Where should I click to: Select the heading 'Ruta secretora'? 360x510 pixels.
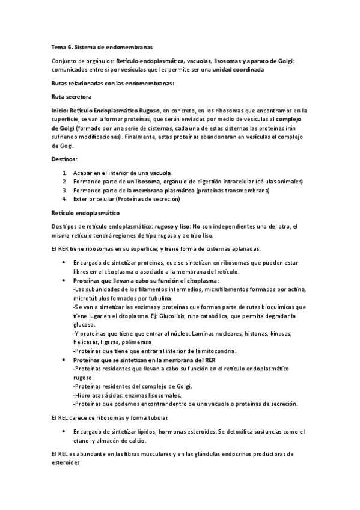72,96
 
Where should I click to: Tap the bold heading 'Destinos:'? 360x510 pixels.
64,159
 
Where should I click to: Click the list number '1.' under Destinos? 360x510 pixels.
64,173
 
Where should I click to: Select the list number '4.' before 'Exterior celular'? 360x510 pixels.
64,199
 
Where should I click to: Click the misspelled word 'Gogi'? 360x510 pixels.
63,146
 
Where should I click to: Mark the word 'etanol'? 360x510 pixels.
82,441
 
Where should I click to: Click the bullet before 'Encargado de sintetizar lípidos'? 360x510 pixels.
64,432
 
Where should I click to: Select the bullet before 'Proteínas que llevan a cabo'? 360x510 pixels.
64,281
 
